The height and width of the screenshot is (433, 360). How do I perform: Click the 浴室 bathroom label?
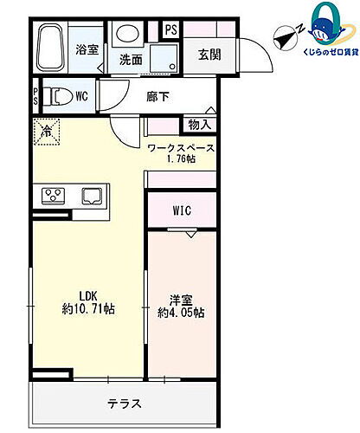pyautogui.click(x=86, y=50)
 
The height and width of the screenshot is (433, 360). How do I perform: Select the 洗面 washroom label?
pyautogui.click(x=131, y=60)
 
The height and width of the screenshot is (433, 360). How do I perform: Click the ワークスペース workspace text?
pyautogui.click(x=181, y=148)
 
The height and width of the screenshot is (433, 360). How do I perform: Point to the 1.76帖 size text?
pyautogui.click(x=181, y=160)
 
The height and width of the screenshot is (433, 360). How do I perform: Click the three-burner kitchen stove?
pyautogui.click(x=51, y=195)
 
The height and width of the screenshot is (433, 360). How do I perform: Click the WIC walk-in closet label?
pyautogui.click(x=181, y=210)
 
